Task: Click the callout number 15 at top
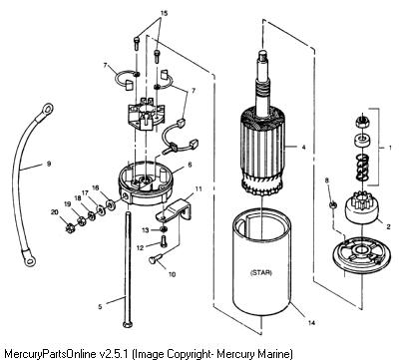click(x=164, y=13)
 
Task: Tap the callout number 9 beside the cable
click(x=49, y=164)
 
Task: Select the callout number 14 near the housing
click(x=311, y=322)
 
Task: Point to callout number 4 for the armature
click(x=303, y=147)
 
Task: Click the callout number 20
click(x=54, y=211)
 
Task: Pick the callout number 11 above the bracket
click(x=199, y=188)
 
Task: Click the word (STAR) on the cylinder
click(x=260, y=273)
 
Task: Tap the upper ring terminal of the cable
click(x=46, y=109)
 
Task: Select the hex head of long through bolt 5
click(x=128, y=324)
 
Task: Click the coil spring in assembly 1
click(x=362, y=168)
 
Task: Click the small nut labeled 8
click(x=333, y=205)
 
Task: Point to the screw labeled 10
click(x=156, y=258)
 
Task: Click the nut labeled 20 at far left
click(x=70, y=228)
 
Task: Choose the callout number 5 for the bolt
click(x=100, y=306)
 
